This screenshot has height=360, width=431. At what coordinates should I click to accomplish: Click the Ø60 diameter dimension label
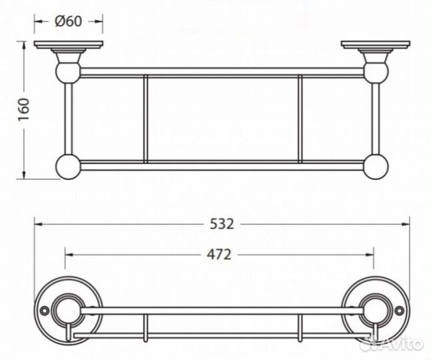point(69,21)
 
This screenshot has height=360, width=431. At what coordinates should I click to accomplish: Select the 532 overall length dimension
point(222,224)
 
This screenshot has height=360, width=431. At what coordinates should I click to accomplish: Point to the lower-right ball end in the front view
point(376,166)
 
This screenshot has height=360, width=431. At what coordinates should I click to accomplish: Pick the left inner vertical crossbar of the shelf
point(145,119)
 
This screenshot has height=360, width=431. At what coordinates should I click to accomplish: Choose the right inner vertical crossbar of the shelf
point(300,119)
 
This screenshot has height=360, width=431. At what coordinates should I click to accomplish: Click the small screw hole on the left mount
point(44,311)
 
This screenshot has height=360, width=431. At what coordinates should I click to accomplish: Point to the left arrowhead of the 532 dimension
point(37,225)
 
